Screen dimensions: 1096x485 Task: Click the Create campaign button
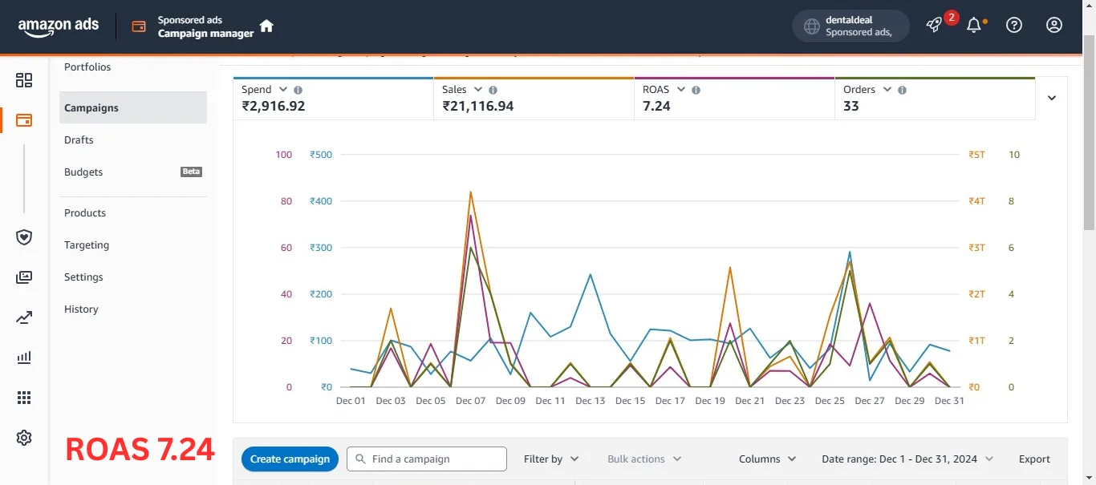coord(290,459)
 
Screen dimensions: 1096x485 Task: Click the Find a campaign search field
coord(427,459)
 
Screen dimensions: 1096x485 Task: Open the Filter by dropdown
coord(551,459)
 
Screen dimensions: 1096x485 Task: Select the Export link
coord(1034,459)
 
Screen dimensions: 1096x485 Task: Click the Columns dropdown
coord(767,459)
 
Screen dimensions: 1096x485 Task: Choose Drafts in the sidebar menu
coord(79,139)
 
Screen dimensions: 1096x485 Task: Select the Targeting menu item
coord(87,245)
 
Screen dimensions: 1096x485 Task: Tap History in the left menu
coord(81,309)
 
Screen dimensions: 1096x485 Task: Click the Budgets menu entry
coord(83,172)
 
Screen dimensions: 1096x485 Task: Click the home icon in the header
coord(266,26)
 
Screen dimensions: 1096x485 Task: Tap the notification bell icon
coord(974,25)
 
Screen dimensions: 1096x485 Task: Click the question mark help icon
coord(1014,25)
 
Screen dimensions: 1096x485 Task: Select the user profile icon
coord(1054,25)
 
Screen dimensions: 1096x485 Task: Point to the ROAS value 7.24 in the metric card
coord(656,106)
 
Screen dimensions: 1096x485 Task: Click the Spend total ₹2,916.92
coord(273,106)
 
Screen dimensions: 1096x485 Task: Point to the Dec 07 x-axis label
coord(470,401)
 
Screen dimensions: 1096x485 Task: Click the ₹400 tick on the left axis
coord(320,201)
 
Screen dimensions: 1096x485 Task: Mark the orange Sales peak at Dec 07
coord(470,192)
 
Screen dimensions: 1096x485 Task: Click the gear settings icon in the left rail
coord(24,438)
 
